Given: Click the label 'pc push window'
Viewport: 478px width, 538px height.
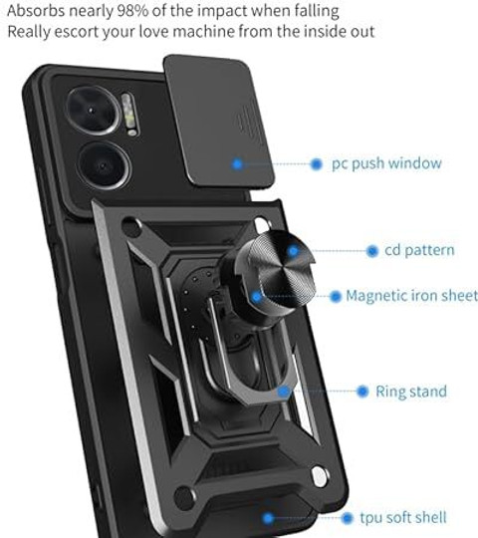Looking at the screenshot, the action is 386,163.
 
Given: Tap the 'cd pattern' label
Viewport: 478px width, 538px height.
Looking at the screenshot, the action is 419,250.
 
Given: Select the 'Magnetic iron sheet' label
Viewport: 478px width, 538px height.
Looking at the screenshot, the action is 411,296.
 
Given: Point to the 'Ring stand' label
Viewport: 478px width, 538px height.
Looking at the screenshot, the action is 411,392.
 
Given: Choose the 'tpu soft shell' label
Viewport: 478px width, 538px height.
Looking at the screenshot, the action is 403,517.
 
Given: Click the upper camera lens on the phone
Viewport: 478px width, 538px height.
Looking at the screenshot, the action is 93,111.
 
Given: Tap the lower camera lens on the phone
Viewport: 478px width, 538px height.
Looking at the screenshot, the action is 104,166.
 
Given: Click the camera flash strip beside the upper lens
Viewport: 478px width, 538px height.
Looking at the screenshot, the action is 129,115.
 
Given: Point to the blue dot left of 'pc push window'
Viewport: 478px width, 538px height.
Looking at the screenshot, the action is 316,164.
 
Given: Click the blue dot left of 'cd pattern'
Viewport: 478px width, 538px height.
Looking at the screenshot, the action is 372,251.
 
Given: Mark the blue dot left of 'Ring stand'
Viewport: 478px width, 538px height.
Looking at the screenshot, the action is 362,392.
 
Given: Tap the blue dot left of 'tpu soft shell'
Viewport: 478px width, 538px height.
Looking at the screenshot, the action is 347,518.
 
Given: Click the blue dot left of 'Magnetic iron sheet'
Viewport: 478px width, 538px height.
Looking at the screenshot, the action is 336,296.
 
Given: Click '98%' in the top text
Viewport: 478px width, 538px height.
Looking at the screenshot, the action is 132,11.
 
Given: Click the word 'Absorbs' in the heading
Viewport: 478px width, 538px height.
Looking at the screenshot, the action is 36,11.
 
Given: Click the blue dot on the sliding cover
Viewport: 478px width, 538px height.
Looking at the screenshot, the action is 237,164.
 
